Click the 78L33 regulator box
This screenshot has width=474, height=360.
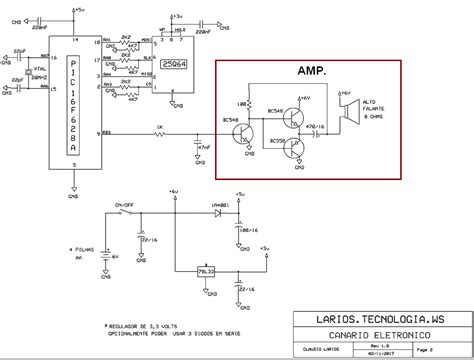[208, 270]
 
